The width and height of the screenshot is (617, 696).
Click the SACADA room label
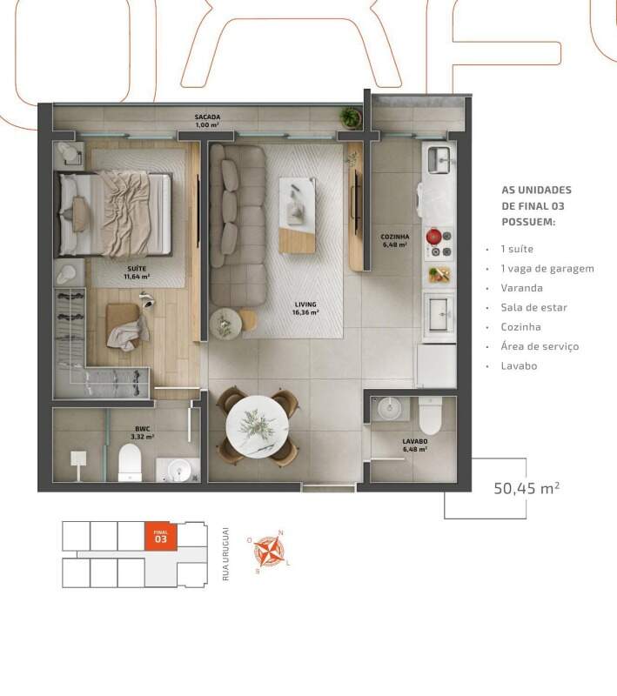[x=207, y=117]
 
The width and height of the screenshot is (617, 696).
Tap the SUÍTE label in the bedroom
[x=137, y=269]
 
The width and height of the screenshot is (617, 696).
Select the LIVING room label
[x=305, y=304]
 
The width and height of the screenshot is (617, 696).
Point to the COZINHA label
[x=394, y=237]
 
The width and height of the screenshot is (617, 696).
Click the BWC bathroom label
[x=143, y=429]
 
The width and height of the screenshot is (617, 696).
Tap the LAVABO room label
[x=415, y=441]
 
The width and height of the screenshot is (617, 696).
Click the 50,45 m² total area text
[x=526, y=488]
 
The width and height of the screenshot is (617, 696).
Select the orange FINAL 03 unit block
[x=161, y=536]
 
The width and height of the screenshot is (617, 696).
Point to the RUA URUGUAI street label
[x=226, y=554]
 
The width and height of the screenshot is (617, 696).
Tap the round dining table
[x=258, y=426]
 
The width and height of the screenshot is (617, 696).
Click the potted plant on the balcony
[x=351, y=117]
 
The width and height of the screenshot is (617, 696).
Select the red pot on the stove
[x=433, y=237]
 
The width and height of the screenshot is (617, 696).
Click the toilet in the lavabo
[x=430, y=416]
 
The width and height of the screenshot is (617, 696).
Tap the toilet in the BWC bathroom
[x=130, y=463]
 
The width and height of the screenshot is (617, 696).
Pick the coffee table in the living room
[x=298, y=215]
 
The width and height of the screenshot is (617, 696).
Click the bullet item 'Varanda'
[x=521, y=288]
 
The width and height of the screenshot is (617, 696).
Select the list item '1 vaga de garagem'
[x=547, y=269]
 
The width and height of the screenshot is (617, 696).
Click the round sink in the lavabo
[x=389, y=408]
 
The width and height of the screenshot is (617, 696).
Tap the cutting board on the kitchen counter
[x=439, y=274]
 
